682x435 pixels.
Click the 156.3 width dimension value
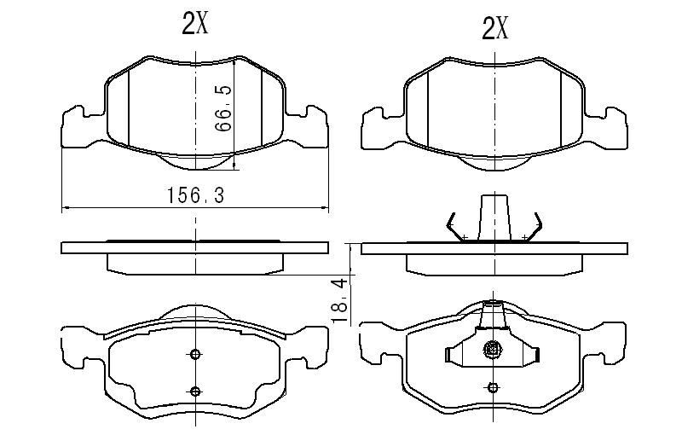tap(196, 195)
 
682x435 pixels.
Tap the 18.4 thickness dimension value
tap(340, 300)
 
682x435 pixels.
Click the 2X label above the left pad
tap(195, 24)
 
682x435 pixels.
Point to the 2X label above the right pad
tap(495, 29)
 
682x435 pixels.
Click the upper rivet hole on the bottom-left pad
tap(196, 355)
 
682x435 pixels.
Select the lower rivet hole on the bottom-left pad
tap(196, 391)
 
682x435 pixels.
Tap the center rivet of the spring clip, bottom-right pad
tap(493, 349)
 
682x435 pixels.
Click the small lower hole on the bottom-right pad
tap(493, 387)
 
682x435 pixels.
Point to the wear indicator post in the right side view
tap(494, 217)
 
